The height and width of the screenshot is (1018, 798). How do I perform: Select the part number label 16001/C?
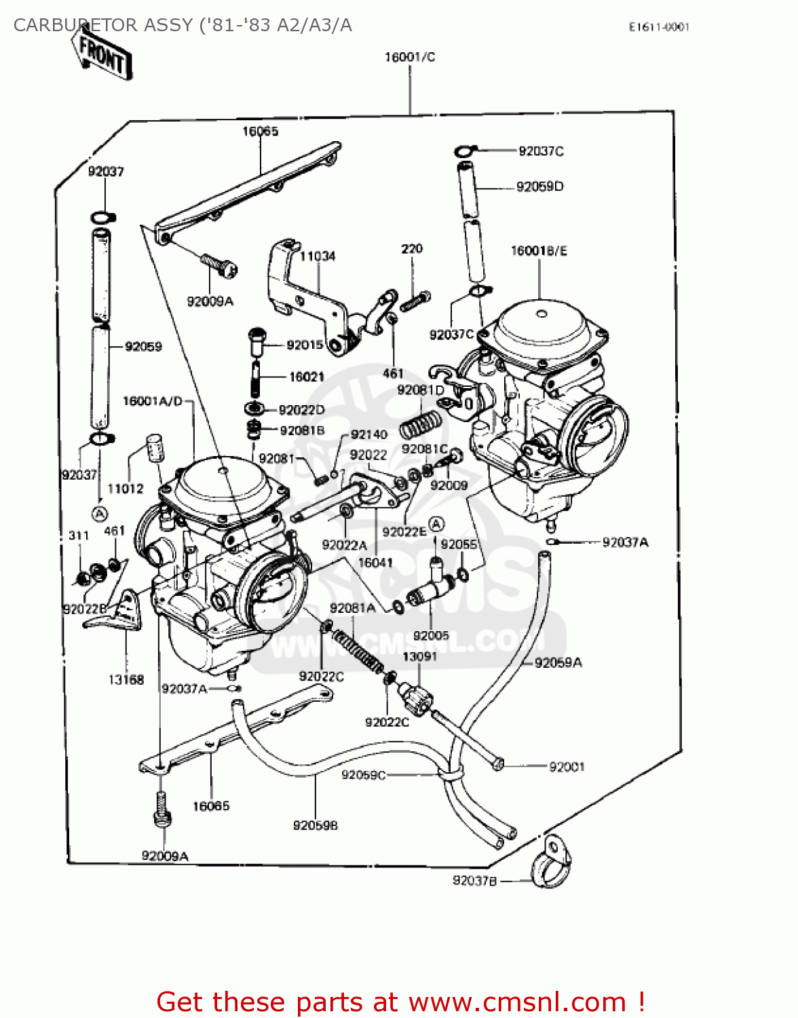pyautogui.click(x=410, y=57)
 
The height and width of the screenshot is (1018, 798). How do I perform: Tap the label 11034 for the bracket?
pyautogui.click(x=318, y=256)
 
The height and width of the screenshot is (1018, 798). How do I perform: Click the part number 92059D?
pyautogui.click(x=539, y=187)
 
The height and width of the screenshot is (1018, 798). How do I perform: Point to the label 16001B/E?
pyautogui.click(x=539, y=251)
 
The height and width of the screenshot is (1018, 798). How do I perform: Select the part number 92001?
pyautogui.click(x=567, y=767)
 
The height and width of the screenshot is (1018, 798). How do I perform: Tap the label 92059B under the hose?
pyautogui.click(x=316, y=825)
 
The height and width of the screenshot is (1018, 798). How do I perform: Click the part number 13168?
pyautogui.click(x=126, y=679)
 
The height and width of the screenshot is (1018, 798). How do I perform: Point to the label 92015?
pyautogui.click(x=305, y=345)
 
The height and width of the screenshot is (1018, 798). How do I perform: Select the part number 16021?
pyautogui.click(x=307, y=377)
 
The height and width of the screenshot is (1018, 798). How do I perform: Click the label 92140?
pyautogui.click(x=369, y=434)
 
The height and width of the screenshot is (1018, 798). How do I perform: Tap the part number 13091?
pyautogui.click(x=419, y=656)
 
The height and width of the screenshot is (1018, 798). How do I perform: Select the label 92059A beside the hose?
pyautogui.click(x=558, y=662)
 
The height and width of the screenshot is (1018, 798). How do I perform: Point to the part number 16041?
pyautogui.click(x=375, y=563)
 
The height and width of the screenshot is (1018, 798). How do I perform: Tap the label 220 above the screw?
pyautogui.click(x=411, y=249)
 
